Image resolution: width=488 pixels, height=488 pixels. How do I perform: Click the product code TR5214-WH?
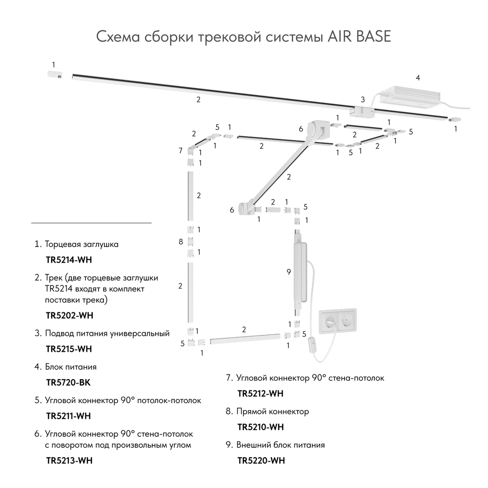click(x=68, y=260)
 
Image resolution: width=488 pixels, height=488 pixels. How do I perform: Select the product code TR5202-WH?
click(x=69, y=315)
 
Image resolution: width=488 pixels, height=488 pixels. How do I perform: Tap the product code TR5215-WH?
click(x=69, y=349)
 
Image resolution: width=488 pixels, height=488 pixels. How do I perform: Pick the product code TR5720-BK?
click(x=68, y=383)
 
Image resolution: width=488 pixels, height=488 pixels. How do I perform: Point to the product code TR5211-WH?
click(x=69, y=416)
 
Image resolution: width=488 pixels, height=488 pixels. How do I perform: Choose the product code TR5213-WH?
click(x=69, y=461)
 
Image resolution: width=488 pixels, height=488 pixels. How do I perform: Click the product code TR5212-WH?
click(x=260, y=394)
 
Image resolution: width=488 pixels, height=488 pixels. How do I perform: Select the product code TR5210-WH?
click(x=260, y=427)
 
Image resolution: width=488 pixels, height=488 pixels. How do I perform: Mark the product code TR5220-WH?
click(x=261, y=461)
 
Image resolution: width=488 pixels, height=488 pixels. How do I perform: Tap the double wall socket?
click(x=337, y=320)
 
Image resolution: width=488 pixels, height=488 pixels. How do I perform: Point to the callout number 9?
click(x=288, y=271)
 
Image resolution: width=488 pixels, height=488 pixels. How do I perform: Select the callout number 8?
click(x=181, y=241)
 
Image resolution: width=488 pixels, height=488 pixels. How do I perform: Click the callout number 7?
click(x=180, y=150)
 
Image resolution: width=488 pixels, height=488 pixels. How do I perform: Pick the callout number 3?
click(x=363, y=99)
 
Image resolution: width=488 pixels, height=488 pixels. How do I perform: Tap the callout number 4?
click(x=417, y=78)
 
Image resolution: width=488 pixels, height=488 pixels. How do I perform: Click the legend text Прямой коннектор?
click(x=272, y=411)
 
